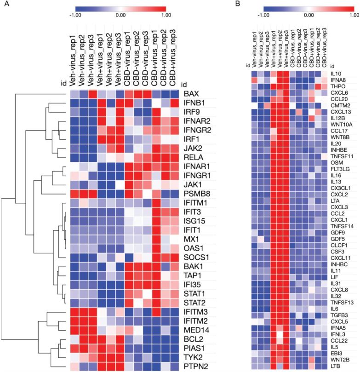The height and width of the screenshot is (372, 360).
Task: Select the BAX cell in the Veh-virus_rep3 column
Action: [93, 94]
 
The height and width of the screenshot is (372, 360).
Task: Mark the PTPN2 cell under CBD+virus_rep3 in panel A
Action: [175, 366]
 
